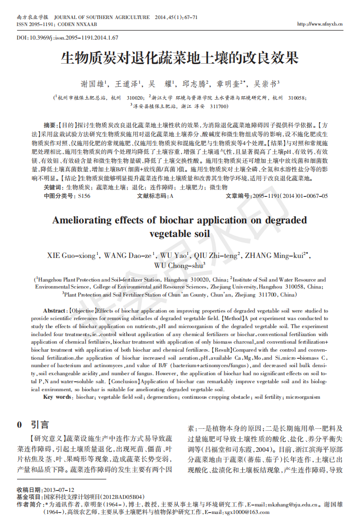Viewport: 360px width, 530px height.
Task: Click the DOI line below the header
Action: (67, 38)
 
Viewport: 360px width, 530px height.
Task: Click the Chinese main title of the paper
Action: (179, 59)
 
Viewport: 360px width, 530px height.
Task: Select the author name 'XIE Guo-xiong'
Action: (72, 255)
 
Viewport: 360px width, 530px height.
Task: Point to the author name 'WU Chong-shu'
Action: (179, 266)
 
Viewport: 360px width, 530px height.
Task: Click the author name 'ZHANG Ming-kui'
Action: (275, 255)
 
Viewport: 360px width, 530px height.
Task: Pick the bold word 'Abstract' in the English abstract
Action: (55, 311)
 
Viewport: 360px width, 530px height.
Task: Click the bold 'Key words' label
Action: (57, 397)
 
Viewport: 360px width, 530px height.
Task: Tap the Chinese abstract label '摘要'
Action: (50, 125)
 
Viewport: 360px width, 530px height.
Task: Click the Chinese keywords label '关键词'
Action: (53, 187)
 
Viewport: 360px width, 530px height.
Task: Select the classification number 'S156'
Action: (84, 196)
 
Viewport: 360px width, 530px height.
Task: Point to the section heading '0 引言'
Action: (33, 425)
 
